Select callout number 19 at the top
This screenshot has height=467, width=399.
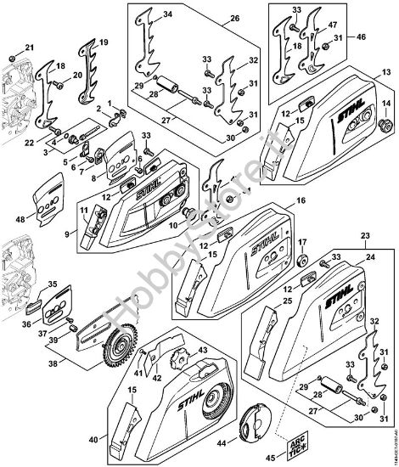point(104,42)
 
